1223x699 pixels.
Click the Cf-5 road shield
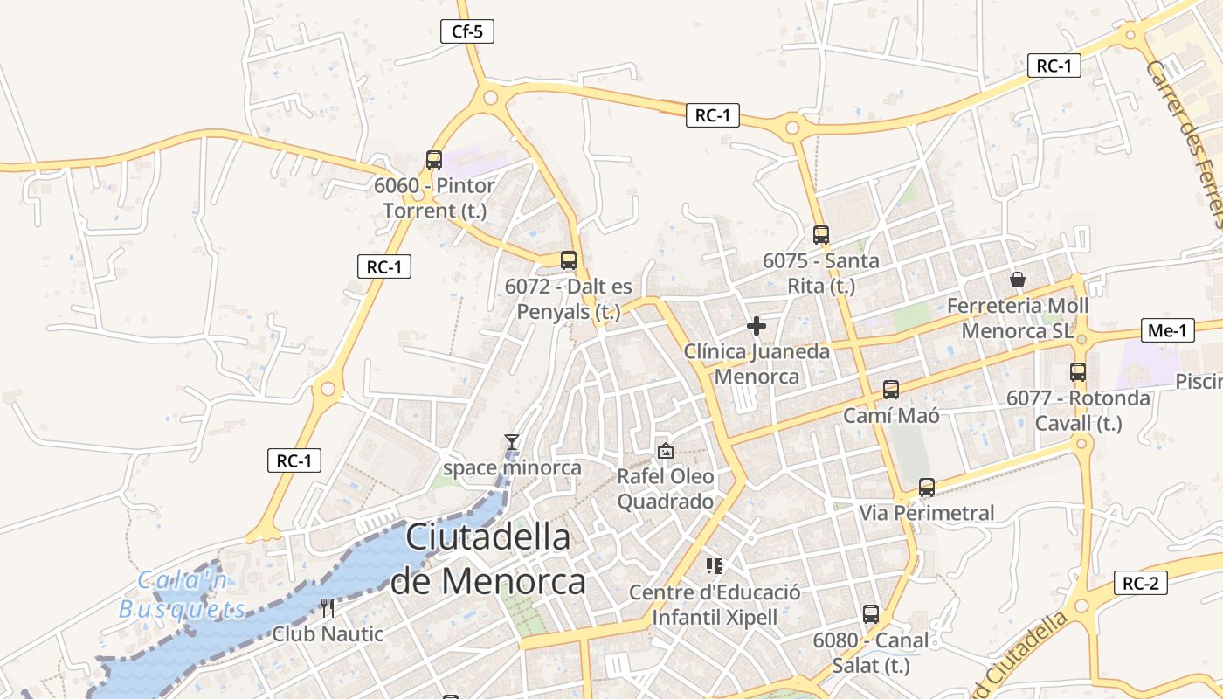(467, 32)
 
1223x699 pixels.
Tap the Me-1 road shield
(1168, 330)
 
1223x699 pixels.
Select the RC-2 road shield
(1141, 584)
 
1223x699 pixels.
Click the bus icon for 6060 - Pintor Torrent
(434, 160)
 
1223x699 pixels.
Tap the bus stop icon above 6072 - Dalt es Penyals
(569, 260)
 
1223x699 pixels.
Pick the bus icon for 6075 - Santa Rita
(821, 235)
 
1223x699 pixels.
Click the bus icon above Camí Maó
(891, 390)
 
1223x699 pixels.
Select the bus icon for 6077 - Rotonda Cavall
(1078, 372)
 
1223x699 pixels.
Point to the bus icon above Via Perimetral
(927, 488)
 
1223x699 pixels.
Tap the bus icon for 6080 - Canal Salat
(871, 614)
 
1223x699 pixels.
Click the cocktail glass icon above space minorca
(512, 443)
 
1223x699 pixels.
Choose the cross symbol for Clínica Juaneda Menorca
(757, 327)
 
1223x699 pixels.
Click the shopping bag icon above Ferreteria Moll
(1018, 280)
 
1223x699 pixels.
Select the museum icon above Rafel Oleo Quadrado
(666, 451)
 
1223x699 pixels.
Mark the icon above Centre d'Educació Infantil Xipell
(715, 566)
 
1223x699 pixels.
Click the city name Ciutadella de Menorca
(488, 558)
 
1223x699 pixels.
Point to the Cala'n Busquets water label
(183, 595)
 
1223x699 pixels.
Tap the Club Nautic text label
(328, 634)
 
